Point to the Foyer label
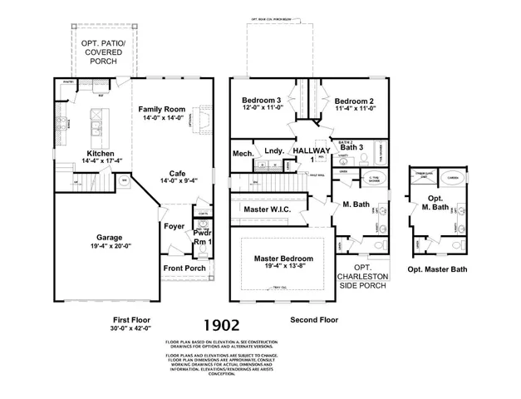(x=174, y=226)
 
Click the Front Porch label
(x=184, y=268)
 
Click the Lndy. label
(x=275, y=151)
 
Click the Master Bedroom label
(x=286, y=259)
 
